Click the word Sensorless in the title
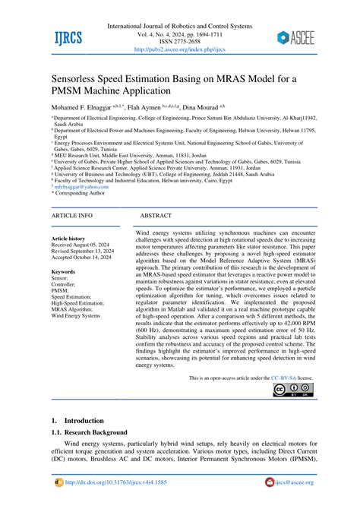83,78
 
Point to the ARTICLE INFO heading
71,216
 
